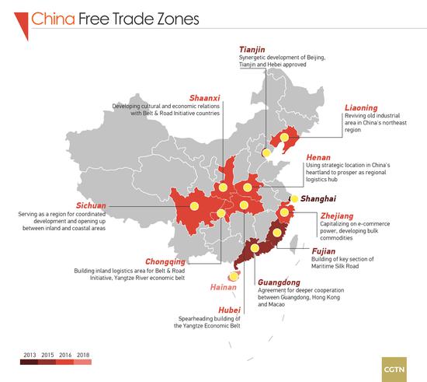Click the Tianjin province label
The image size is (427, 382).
pyautogui.click(x=257, y=48)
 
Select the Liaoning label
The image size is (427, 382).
pyautogui.click(x=361, y=107)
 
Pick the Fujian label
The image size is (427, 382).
pyautogui.click(x=324, y=251)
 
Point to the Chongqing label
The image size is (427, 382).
pyautogui.click(x=165, y=261)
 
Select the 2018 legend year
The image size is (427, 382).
pyautogui.click(x=83, y=354)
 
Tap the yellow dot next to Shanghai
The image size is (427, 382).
pyautogui.click(x=293, y=199)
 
